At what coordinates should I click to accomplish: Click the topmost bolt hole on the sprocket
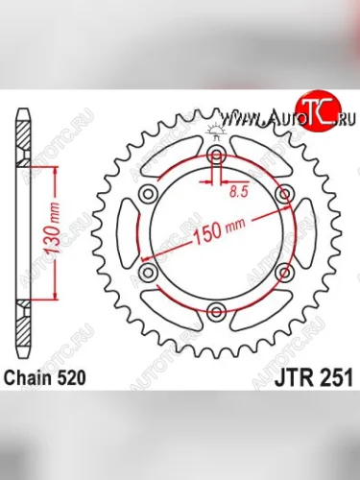click(x=217, y=156)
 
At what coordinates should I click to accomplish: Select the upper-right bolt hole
click(x=284, y=195)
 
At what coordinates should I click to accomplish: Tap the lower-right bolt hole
click(x=284, y=274)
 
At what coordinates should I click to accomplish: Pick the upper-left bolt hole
click(x=149, y=195)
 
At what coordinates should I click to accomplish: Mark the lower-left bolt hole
click(x=149, y=274)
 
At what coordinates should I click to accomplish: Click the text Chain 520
click(x=45, y=376)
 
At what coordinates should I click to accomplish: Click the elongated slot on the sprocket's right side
click(x=309, y=234)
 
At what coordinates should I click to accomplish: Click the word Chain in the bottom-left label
click(x=28, y=376)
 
